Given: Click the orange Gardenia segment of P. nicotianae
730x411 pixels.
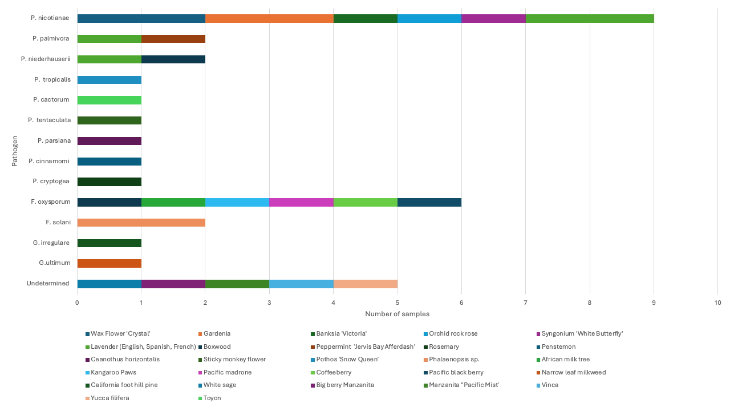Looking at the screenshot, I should (x=269, y=18).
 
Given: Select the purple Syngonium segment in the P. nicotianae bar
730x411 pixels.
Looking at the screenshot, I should (x=493, y=18).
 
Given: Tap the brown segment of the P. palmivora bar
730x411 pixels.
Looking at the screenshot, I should (x=173, y=39).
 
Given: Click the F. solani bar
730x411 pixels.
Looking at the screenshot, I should (x=141, y=223).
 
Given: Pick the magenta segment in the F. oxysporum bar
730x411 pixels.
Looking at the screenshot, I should (x=301, y=202).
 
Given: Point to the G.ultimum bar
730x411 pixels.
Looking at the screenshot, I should (x=109, y=263).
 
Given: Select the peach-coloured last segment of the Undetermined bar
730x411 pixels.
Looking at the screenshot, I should (x=366, y=284).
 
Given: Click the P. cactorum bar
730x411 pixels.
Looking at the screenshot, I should (x=109, y=100).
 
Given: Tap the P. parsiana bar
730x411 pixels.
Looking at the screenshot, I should (x=109, y=141).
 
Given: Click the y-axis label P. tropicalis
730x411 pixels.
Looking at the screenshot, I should (x=52, y=79).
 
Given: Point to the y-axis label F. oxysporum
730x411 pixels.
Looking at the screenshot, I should (x=50, y=202).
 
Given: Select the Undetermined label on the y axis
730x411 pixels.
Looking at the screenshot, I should (x=48, y=284).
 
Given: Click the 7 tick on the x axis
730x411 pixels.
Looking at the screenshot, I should (x=525, y=303).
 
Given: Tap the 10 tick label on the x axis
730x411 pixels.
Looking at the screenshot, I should (x=717, y=303).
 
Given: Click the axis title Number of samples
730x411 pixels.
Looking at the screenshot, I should (x=397, y=314).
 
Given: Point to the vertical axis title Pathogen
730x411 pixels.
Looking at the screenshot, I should (x=15, y=151).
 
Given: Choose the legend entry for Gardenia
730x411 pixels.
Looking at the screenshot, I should (x=217, y=333).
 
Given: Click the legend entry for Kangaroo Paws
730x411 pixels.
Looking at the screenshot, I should (x=113, y=372).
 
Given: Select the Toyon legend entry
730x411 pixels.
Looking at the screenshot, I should (x=212, y=398).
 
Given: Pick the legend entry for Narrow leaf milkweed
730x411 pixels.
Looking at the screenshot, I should (x=574, y=372).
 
